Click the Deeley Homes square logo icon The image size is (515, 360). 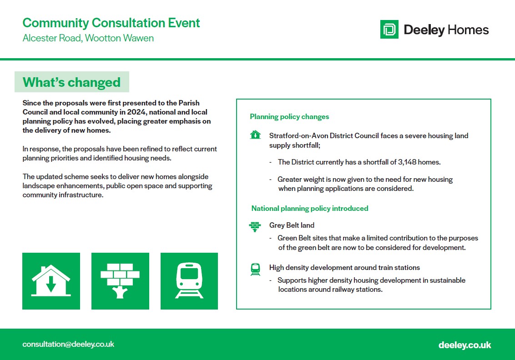click(389, 29)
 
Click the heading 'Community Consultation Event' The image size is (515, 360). click(111, 23)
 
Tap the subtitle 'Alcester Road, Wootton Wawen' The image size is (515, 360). click(88, 38)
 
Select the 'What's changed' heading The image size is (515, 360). click(71, 82)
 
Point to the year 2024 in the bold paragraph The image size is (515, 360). click(136, 112)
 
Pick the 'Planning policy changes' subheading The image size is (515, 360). click(289, 116)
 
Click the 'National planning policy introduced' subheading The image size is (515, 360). click(310, 208)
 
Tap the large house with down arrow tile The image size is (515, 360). click(51, 281)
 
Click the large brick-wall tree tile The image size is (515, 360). click(120, 281)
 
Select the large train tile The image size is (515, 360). click(189, 281)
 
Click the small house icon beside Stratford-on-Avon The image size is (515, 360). click(255, 135)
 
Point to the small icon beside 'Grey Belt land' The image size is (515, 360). click(255, 226)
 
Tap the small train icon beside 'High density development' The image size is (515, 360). click(255, 270)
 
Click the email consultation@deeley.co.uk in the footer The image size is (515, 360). click(68, 344)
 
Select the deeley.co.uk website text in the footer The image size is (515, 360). click(465, 345)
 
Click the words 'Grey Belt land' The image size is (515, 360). click(292, 225)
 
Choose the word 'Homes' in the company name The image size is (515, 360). click(468, 30)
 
